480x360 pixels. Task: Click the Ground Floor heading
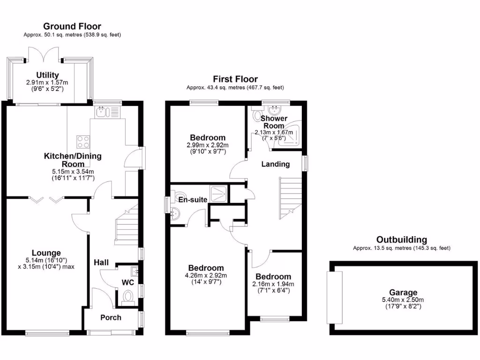72,26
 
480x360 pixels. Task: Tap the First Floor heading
235,79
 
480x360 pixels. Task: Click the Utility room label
48,75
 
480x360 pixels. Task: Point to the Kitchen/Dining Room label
73,160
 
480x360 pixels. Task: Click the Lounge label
46,253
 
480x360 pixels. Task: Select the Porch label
111,317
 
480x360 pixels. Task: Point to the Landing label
275,164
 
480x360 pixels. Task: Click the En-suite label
193,200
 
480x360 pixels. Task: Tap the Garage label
406,292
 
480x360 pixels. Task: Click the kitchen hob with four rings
83,141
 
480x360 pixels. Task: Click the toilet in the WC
127,296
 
